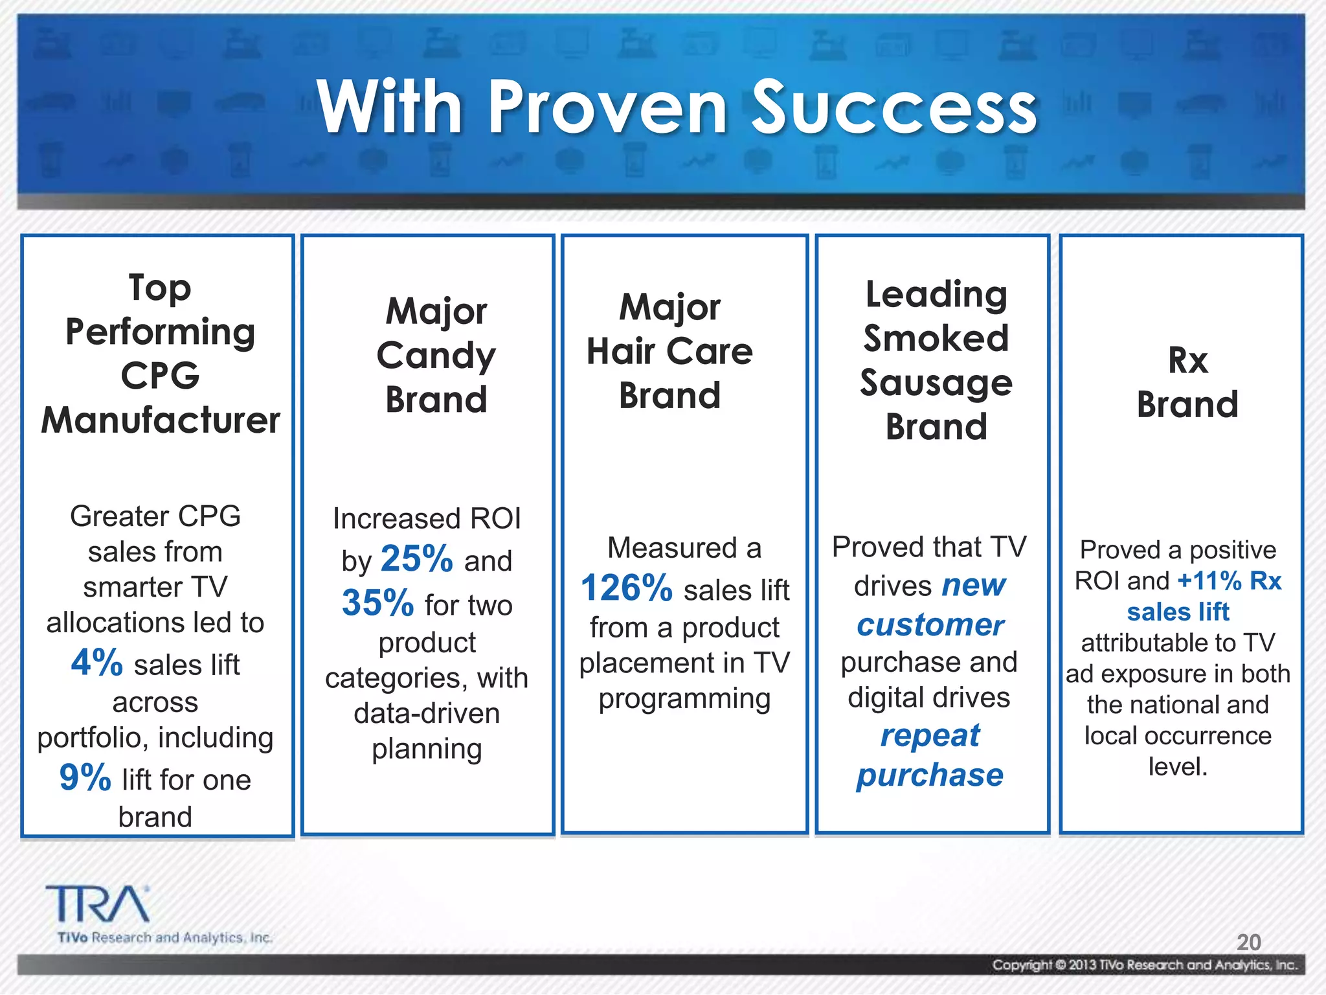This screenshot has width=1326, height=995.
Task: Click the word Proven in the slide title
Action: coord(608,107)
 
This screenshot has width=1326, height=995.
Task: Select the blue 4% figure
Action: coord(97,663)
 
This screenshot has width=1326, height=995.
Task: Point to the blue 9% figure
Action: coord(85,777)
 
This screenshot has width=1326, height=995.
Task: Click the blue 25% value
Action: coord(416,558)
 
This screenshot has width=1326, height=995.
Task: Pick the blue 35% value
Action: coord(377,603)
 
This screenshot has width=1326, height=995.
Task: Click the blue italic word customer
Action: coord(930,625)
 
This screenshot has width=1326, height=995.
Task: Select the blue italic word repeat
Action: coord(930,736)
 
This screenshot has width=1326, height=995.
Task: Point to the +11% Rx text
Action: coord(1229,581)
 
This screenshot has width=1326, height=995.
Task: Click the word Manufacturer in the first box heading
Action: coord(161,420)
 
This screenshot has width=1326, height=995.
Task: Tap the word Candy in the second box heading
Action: coord(436,356)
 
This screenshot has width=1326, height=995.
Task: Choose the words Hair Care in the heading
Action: coord(669,352)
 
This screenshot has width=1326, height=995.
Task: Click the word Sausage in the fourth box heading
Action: coord(936,383)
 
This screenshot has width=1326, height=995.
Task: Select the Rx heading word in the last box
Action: coord(1187,360)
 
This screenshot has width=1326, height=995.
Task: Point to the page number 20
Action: coord(1248,942)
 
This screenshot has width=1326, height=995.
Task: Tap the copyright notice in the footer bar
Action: coord(1145,965)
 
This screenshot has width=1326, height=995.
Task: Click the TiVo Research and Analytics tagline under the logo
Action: coord(164,937)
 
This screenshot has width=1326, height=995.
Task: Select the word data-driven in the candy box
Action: coord(427,713)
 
